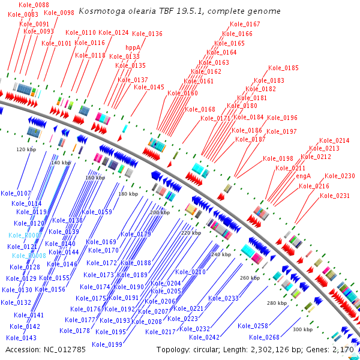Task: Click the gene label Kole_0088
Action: click(34, 5)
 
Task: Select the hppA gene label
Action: click(133, 47)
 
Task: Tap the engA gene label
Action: click(304, 176)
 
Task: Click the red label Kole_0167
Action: click(245, 25)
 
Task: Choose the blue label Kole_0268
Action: click(265, 337)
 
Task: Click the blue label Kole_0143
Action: click(22, 338)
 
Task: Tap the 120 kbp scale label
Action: click(26, 149)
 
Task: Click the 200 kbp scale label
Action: click(160, 212)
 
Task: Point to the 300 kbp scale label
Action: click(302, 329)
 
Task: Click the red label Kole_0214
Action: click(334, 140)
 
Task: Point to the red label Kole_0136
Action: click(147, 34)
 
